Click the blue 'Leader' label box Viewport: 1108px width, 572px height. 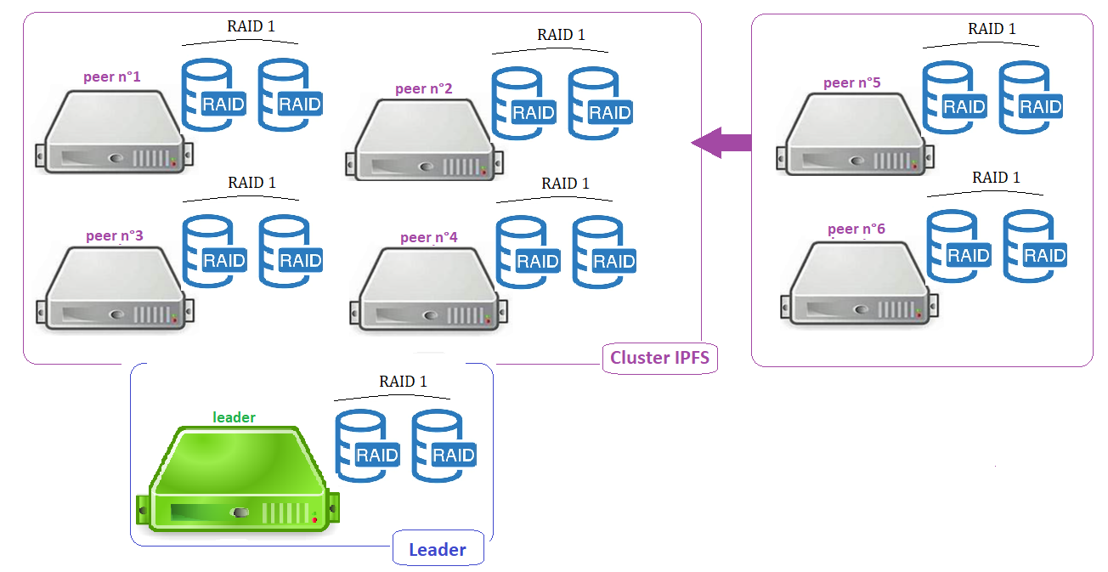[x=438, y=549]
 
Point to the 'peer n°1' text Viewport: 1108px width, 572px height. [x=111, y=76]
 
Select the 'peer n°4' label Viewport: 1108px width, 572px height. [x=428, y=237]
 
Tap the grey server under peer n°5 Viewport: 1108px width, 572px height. [x=854, y=136]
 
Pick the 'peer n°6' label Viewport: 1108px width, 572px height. [x=856, y=229]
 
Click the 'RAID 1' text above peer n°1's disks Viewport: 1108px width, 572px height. [x=251, y=26]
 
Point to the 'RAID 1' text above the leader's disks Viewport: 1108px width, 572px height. [x=403, y=382]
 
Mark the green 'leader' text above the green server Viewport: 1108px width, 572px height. [x=234, y=417]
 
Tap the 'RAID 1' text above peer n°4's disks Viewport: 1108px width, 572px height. [x=565, y=184]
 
